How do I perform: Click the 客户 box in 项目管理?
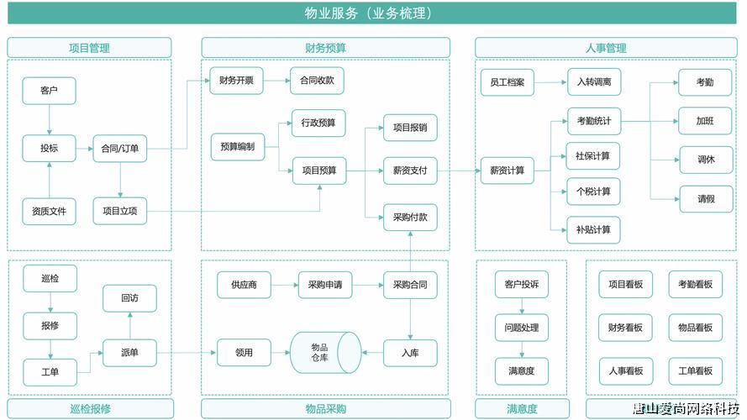[49, 90]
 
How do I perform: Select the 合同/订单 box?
[119, 149]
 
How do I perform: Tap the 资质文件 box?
[49, 211]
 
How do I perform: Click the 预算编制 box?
[237, 146]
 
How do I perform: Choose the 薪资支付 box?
[409, 171]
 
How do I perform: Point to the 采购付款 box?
[409, 217]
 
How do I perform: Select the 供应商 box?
[244, 285]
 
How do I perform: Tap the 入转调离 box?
[593, 82]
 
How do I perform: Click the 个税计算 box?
[593, 192]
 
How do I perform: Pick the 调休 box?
[705, 159]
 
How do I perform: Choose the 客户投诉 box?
[521, 285]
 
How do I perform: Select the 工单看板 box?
[695, 370]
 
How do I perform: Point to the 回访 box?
[129, 298]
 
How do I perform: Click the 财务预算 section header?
[325, 48]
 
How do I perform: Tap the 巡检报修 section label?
[90, 409]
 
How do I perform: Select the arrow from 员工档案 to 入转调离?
[550, 82]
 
